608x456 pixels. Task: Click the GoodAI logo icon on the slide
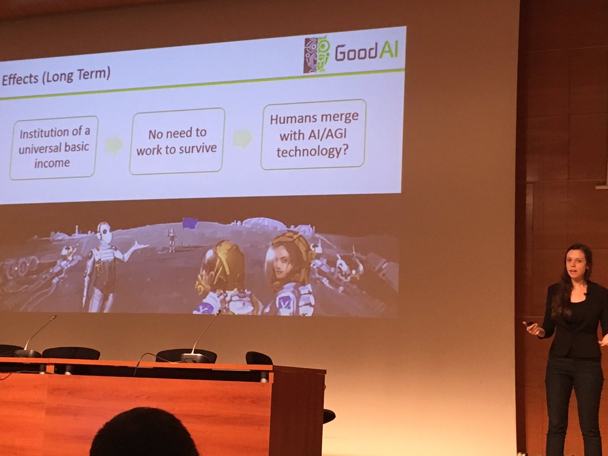[317, 54]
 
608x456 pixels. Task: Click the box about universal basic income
[54, 148]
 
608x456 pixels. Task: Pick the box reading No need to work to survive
[177, 141]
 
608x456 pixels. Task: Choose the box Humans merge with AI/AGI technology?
[313, 134]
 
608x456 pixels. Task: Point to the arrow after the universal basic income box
[113, 145]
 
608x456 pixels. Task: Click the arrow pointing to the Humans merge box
[243, 138]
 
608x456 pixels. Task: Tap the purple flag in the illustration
[189, 223]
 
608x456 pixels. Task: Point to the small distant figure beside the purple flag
[172, 240]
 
